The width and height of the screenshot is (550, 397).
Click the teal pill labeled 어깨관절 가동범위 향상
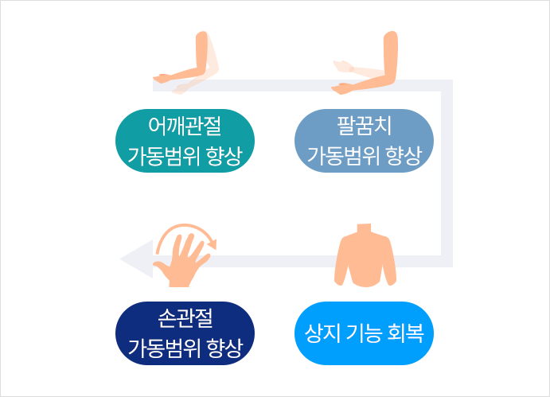pyautogui.click(x=185, y=141)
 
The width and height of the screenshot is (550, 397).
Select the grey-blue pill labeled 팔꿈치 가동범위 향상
pyautogui.click(x=364, y=141)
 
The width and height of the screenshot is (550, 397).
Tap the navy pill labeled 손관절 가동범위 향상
pyautogui.click(x=185, y=333)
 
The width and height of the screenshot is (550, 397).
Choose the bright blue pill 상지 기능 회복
pyautogui.click(x=364, y=333)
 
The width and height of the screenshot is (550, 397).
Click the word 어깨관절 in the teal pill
pyautogui.click(x=185, y=126)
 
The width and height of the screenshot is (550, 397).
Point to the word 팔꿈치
pyautogui.click(x=364, y=126)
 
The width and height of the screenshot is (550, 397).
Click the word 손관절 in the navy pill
pyautogui.click(x=185, y=318)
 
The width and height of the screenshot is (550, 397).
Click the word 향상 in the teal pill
pyautogui.click(x=224, y=156)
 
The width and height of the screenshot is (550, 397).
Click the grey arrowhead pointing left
pyautogui.click(x=136, y=259)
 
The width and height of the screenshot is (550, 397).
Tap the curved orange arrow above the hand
pyautogui.click(x=186, y=236)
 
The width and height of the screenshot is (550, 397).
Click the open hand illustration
pyautogui.click(x=181, y=260)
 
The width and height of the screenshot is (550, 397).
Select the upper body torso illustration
pyautogui.click(x=365, y=255)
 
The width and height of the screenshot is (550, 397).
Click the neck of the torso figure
pyautogui.click(x=364, y=228)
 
